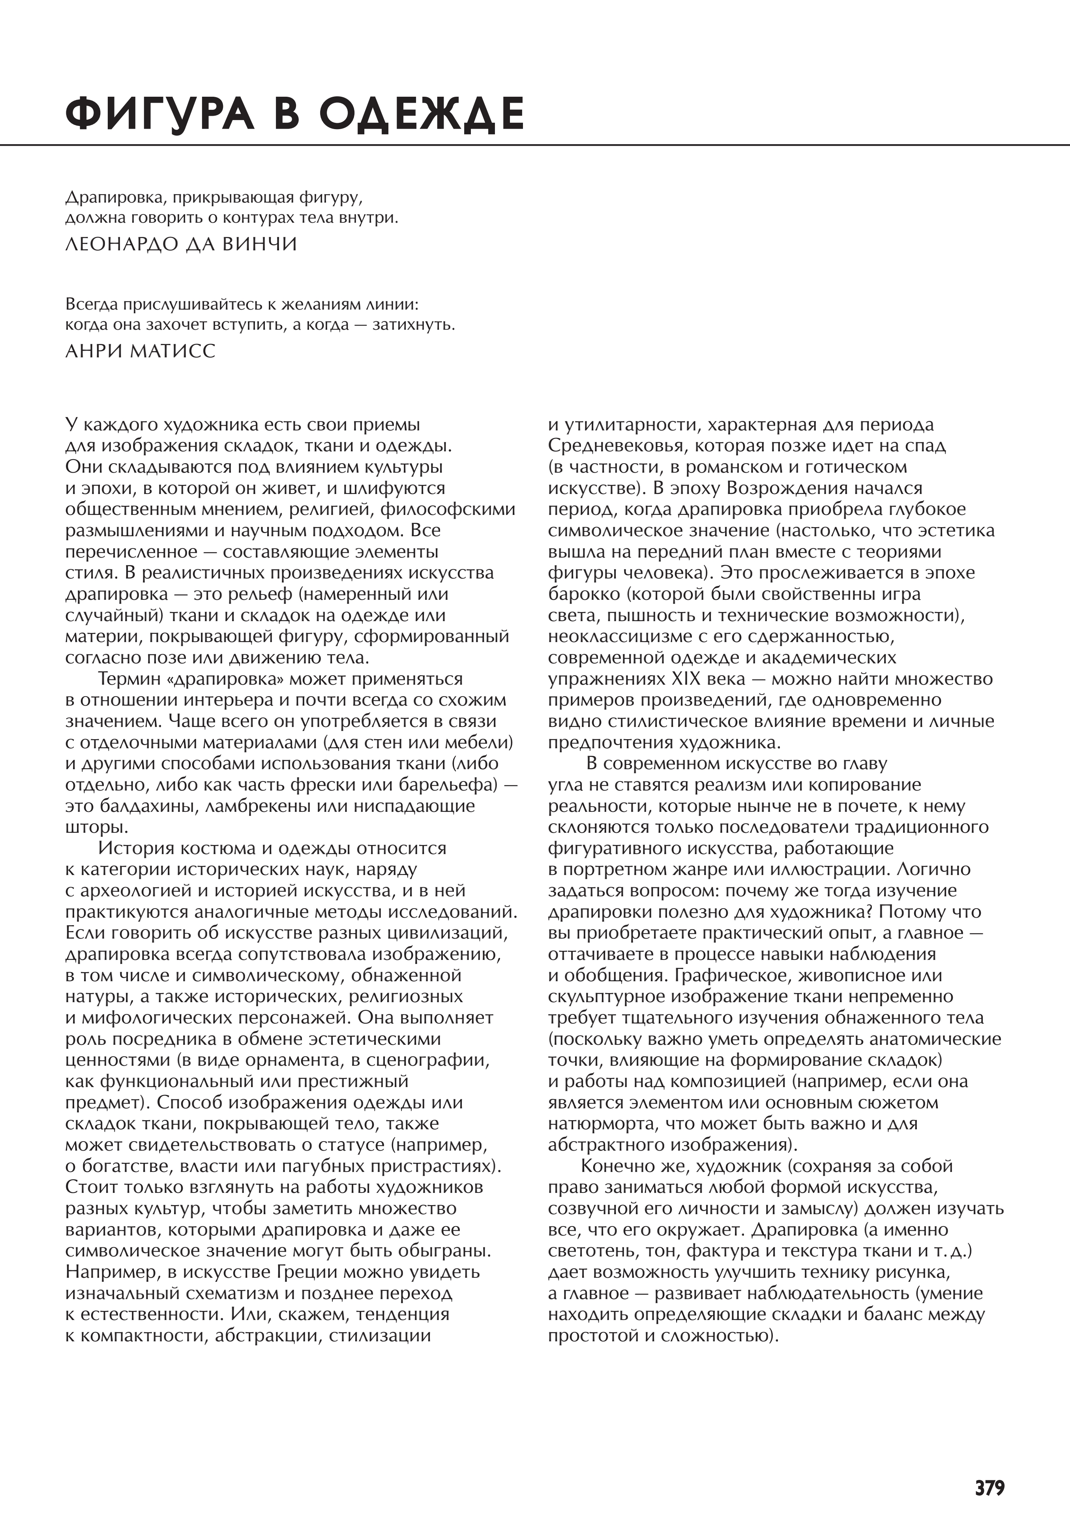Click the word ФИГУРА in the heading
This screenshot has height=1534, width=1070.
click(x=160, y=114)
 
